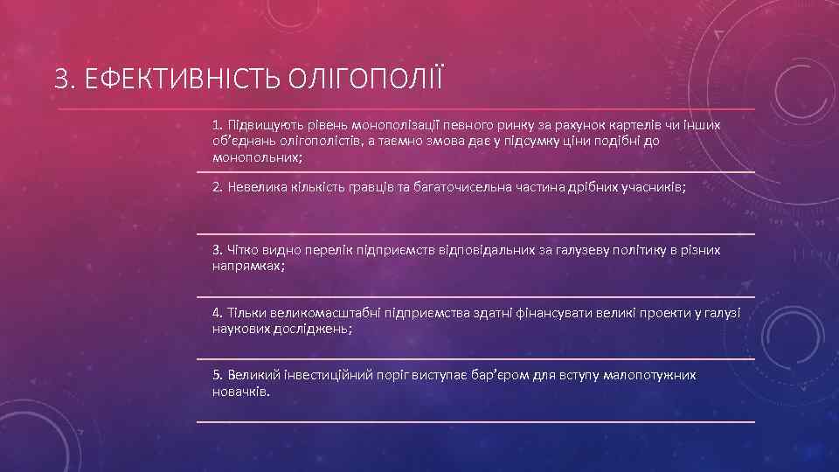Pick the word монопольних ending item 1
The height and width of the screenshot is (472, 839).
point(256,157)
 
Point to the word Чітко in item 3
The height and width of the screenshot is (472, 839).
point(244,251)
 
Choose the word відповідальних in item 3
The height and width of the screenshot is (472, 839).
point(487,251)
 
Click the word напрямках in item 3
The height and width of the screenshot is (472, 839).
point(246,267)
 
